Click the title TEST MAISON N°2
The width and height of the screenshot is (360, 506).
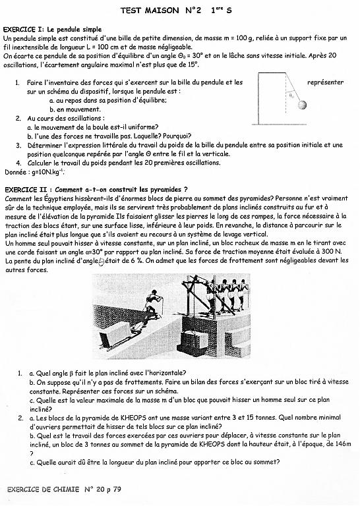point(161,11)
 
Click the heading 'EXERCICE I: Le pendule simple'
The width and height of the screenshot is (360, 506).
point(52,30)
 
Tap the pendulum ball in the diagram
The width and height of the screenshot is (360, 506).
point(302,105)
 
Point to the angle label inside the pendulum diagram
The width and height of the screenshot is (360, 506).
point(291,95)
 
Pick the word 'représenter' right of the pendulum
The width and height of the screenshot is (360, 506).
point(326,82)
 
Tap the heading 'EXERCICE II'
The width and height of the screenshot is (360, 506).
point(28,190)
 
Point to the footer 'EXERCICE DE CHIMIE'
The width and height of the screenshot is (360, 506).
point(43,490)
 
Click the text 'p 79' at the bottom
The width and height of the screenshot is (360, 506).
point(113,490)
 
